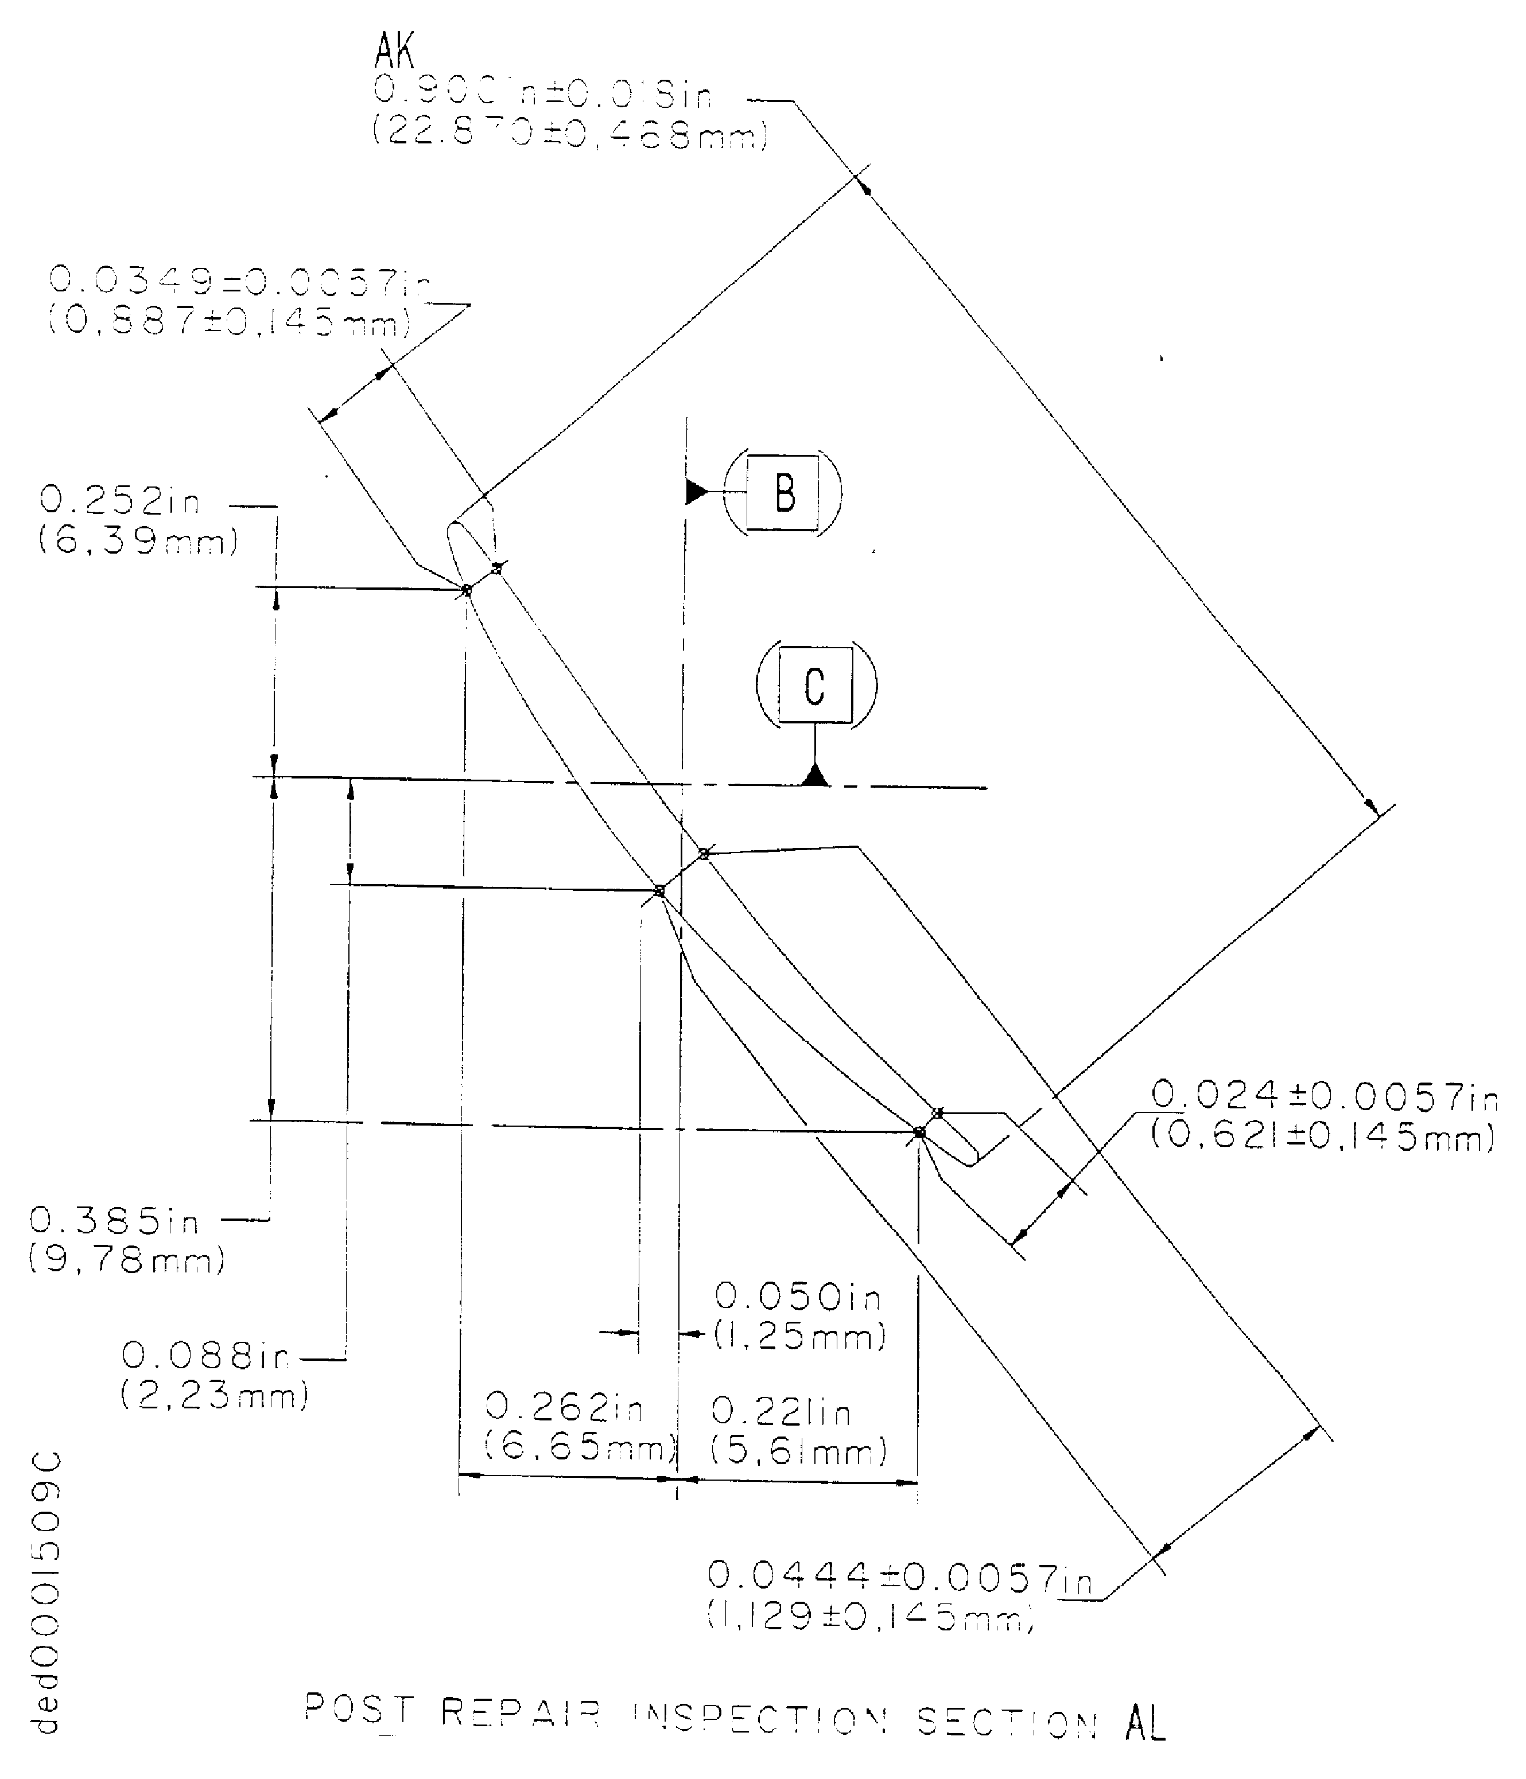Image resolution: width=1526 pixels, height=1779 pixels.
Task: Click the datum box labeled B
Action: [782, 494]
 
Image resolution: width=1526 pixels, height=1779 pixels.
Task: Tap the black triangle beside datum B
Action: [696, 492]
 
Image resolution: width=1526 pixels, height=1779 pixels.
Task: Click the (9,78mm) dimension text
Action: [127, 1260]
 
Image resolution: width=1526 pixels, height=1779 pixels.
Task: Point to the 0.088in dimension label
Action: [204, 1356]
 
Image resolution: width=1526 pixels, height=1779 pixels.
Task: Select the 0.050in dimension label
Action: [798, 1297]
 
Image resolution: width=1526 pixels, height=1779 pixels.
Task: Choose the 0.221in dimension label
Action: [781, 1411]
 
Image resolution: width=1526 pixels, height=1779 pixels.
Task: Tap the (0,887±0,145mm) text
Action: [228, 322]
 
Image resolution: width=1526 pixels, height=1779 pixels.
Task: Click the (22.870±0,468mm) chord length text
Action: [569, 135]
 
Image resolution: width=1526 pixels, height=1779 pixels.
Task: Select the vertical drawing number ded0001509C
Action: [47, 1594]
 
